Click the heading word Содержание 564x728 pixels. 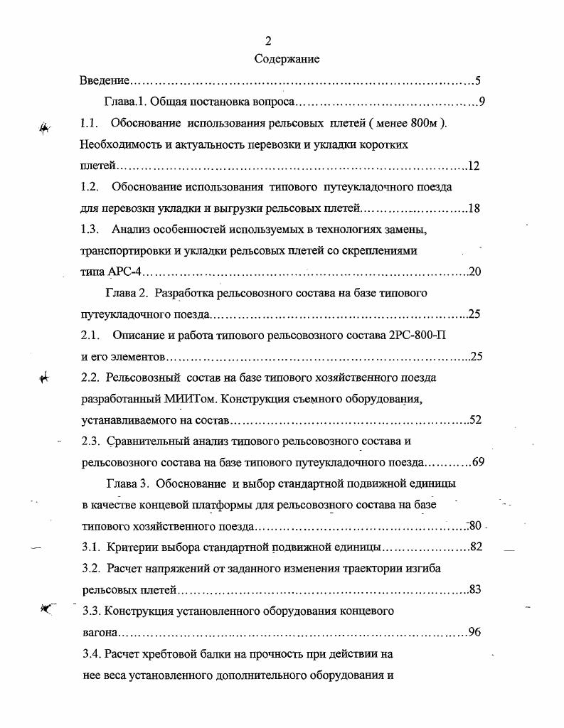pos(287,59)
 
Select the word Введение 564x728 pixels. pos(104,81)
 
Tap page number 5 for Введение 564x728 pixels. pos(479,81)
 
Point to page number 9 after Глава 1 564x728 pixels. pos(481,102)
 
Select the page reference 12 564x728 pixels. pos(474,166)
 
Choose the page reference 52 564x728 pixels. pos(476,419)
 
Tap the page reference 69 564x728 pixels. pos(478,462)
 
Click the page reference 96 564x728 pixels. pos(476,631)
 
